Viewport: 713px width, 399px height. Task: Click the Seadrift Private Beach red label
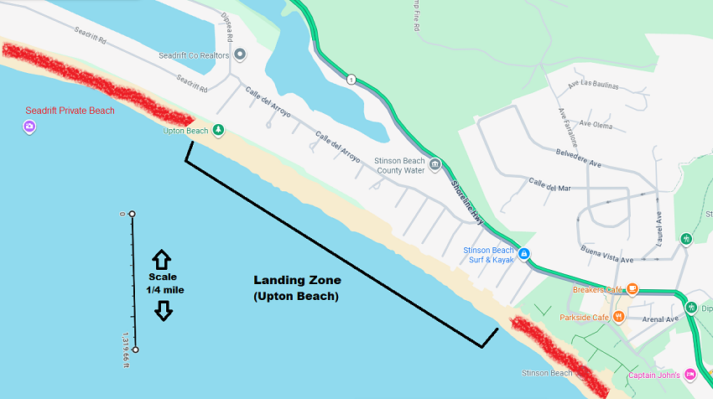click(70, 110)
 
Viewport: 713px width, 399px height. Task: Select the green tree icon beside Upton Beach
click(219, 130)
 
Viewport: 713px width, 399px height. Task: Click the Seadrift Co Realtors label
click(195, 56)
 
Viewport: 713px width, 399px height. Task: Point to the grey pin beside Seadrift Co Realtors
click(240, 55)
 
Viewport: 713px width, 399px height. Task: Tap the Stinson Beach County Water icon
click(435, 163)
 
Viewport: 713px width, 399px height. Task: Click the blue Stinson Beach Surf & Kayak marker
click(524, 253)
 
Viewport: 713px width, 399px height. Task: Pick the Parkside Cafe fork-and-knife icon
click(619, 317)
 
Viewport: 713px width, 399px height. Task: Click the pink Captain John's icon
click(691, 374)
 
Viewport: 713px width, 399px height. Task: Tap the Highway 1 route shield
click(351, 80)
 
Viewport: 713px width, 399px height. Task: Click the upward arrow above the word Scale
click(162, 259)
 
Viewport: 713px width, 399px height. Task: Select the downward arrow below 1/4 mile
click(163, 310)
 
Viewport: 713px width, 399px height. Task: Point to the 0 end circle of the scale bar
click(132, 215)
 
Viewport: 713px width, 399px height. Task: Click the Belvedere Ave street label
click(579, 158)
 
